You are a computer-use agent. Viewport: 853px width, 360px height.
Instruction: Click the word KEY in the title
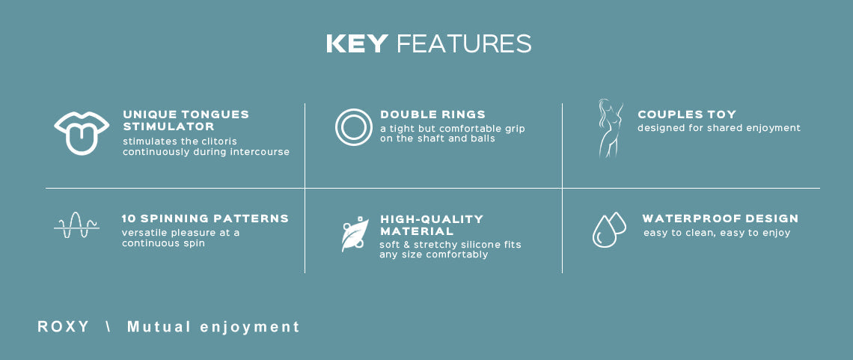coord(357,43)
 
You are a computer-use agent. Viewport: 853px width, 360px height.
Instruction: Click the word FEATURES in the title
coord(464,43)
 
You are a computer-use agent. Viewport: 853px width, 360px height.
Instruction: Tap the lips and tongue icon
coord(82,132)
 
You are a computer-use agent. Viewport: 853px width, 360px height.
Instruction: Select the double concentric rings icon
coord(354,127)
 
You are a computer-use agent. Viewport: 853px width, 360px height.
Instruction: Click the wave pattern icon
coord(77,225)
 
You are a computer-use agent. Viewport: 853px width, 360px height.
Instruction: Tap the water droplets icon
coord(609,230)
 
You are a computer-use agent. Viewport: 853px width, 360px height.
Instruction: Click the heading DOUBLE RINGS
coord(433,115)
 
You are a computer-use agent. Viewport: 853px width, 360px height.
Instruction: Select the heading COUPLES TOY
coord(687,115)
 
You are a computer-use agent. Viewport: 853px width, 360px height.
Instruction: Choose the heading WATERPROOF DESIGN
coord(721,219)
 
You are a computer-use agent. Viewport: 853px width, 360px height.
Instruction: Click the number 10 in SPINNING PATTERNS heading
coord(129,219)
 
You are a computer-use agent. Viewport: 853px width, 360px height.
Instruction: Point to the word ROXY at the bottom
coord(63,327)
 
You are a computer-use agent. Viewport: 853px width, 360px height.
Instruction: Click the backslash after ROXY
coord(108,327)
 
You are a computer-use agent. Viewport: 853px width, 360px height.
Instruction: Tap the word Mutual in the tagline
coord(159,327)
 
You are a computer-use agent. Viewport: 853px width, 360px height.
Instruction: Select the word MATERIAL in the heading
coord(417,231)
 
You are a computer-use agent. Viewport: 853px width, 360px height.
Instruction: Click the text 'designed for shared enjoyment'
coord(719,128)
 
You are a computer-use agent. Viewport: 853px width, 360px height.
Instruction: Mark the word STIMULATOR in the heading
coord(168,126)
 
